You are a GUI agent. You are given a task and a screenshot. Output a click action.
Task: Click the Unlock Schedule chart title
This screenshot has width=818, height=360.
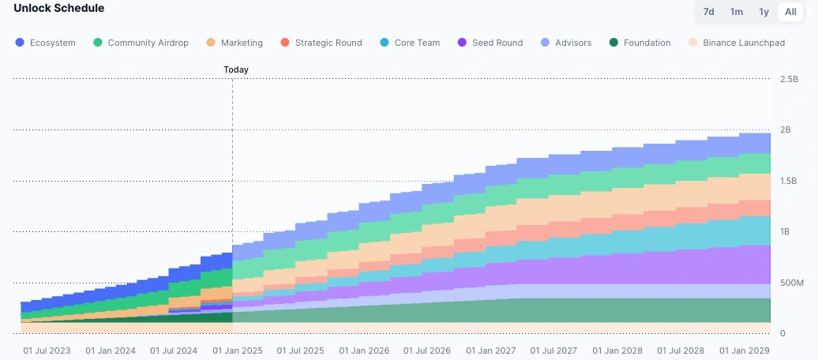(58, 8)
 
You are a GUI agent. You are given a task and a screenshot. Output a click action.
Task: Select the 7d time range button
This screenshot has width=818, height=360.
(709, 12)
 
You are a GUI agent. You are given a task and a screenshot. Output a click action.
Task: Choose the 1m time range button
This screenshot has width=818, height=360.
(736, 12)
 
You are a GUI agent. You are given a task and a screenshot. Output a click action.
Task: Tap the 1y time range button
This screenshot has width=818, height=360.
(764, 12)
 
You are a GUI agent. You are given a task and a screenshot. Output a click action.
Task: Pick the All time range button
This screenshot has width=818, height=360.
(790, 12)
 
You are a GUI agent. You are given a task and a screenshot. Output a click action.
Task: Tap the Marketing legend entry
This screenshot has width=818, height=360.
(235, 43)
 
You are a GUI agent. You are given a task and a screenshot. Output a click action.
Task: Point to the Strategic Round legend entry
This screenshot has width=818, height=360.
(321, 43)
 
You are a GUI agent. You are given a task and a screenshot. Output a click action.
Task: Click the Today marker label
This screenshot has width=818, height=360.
(236, 69)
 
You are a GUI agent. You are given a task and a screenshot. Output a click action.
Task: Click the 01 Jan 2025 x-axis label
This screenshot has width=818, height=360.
(237, 351)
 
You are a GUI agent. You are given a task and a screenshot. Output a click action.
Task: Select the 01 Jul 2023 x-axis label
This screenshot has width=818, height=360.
(47, 351)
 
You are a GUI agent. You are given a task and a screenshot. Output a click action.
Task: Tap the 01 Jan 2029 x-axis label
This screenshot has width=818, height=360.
(744, 351)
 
